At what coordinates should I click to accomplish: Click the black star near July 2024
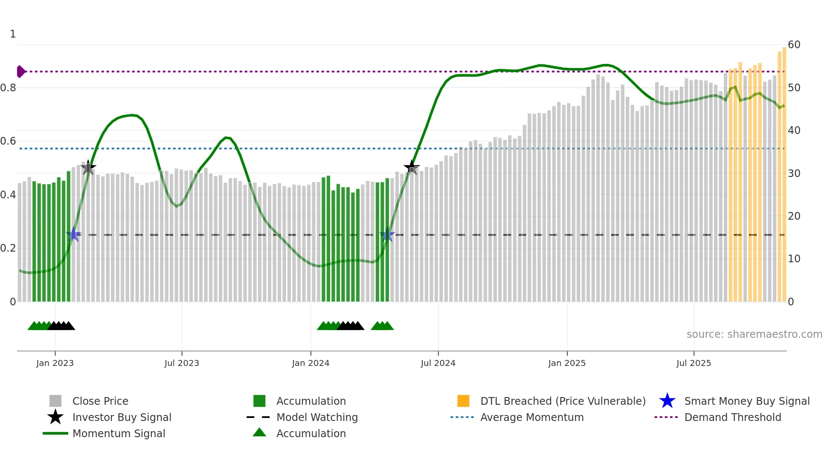412,167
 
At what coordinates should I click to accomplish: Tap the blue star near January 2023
73,235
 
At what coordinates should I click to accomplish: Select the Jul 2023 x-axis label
182,363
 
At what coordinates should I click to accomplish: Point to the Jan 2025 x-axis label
567,363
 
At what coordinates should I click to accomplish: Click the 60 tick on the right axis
794,45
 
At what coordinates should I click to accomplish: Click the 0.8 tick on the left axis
9,88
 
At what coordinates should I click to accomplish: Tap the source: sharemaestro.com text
754,334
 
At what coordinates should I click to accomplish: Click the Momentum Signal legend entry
119,433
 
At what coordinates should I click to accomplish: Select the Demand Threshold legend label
732,417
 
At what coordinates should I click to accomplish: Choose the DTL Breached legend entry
563,401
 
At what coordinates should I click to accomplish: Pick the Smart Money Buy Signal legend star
667,401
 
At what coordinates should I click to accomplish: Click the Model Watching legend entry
316,417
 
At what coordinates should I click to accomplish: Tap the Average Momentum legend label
531,417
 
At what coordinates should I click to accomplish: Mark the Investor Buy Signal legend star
55,417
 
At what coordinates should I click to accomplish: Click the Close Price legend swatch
55,401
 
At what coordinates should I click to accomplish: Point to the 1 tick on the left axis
13,34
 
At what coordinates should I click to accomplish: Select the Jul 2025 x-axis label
694,363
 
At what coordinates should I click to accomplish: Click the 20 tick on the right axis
794,216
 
